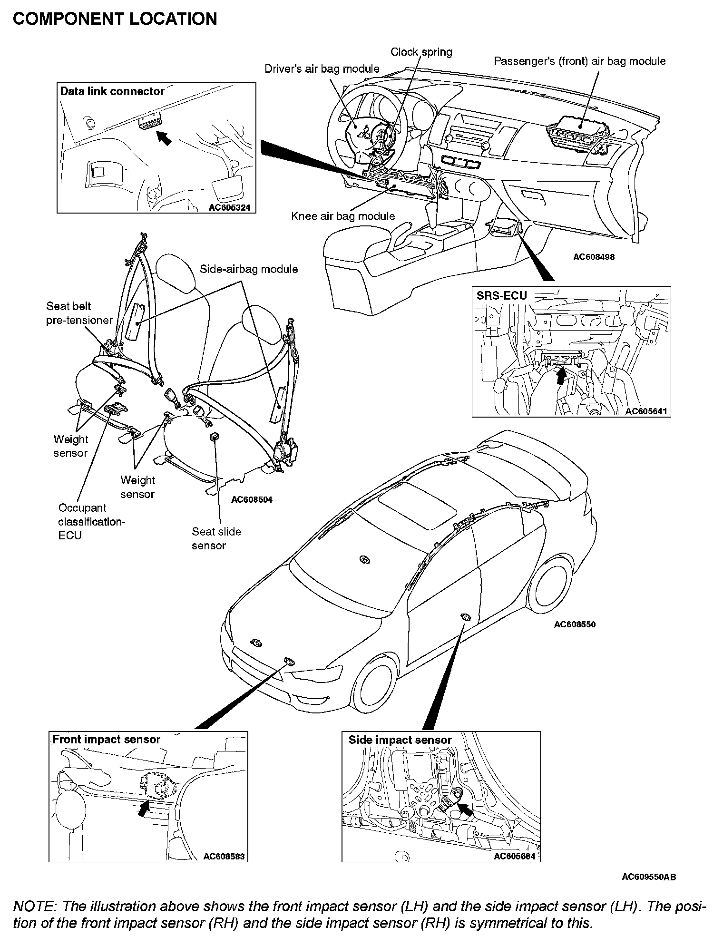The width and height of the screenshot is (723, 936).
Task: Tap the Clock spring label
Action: tap(421, 52)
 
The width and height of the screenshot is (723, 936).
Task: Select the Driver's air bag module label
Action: tap(322, 69)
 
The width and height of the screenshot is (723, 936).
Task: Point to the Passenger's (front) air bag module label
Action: tap(579, 61)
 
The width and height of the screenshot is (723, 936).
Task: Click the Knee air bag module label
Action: tap(343, 216)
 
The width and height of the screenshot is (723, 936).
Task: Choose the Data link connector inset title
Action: tap(112, 91)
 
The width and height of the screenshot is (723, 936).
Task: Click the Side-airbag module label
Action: tap(249, 269)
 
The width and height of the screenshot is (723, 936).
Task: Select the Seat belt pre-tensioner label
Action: tap(79, 313)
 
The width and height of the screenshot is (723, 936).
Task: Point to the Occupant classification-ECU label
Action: tap(91, 521)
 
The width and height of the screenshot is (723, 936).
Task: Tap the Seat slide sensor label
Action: tap(216, 538)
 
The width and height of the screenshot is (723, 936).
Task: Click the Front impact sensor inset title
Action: tap(106, 739)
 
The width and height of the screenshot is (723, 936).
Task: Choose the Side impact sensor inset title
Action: tap(400, 740)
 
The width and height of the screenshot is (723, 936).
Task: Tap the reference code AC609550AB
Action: tap(649, 877)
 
